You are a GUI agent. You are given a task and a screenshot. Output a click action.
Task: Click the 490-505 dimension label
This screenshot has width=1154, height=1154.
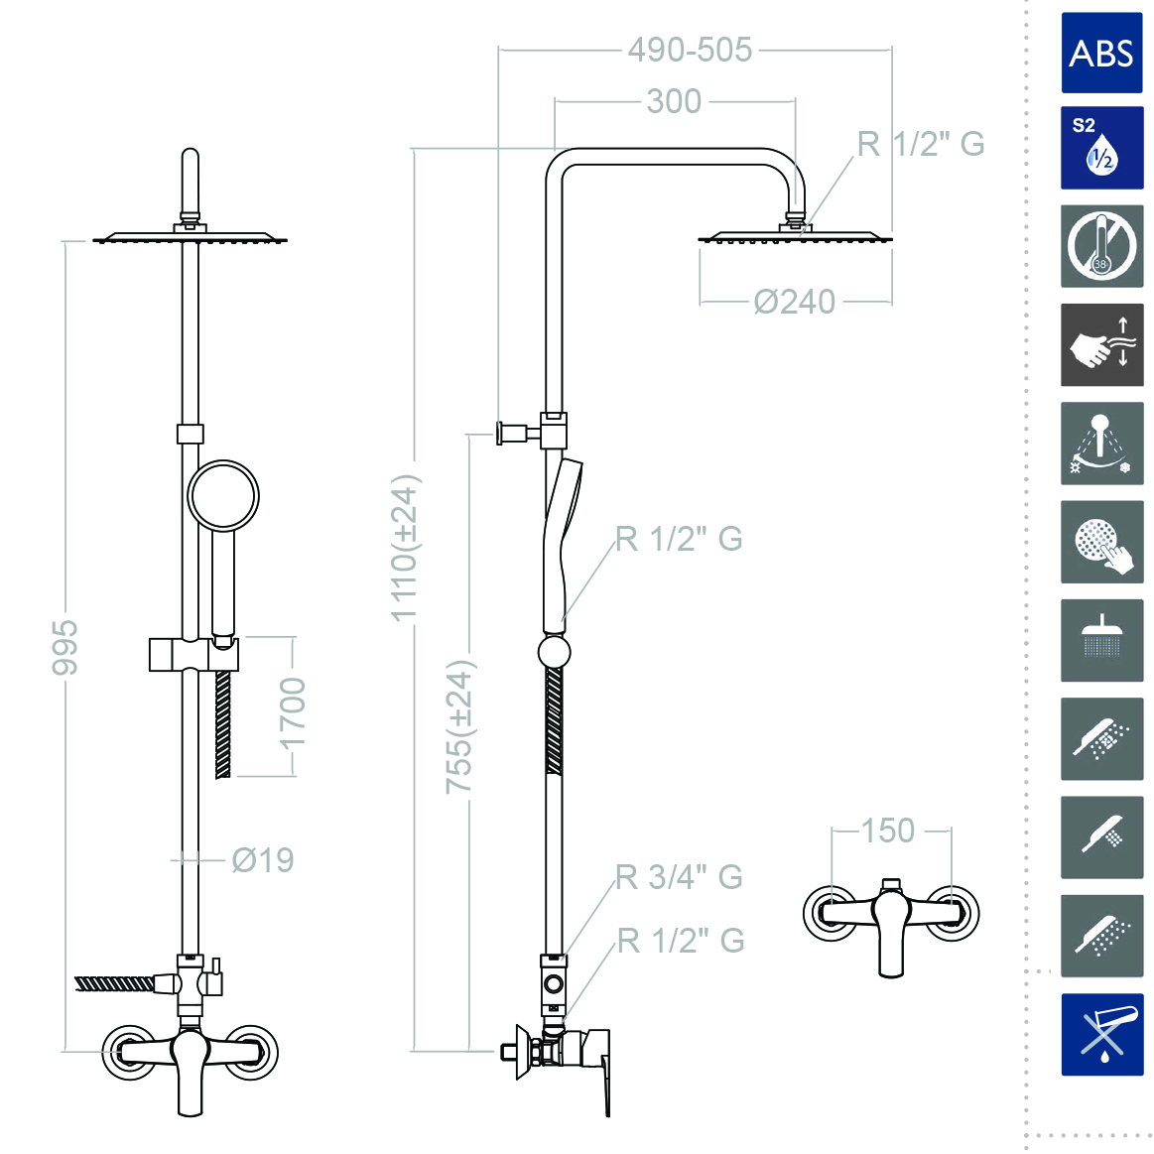click(x=690, y=50)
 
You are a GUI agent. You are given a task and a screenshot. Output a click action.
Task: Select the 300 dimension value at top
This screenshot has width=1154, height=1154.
click(x=674, y=101)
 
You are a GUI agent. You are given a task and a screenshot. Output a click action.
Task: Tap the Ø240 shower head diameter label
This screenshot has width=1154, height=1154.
click(x=794, y=302)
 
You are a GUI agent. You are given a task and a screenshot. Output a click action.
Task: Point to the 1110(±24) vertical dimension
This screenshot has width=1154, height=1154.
click(x=405, y=549)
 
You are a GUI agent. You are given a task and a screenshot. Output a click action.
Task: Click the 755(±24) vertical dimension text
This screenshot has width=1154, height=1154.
click(x=459, y=727)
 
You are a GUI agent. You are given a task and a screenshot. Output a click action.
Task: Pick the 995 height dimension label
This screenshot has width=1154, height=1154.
click(x=64, y=647)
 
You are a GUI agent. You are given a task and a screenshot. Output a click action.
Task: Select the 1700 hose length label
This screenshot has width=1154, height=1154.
click(x=293, y=715)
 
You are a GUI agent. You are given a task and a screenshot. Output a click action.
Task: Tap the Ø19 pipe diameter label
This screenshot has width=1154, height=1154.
click(x=262, y=860)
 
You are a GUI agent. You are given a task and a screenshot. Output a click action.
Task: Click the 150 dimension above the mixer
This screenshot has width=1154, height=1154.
click(x=887, y=831)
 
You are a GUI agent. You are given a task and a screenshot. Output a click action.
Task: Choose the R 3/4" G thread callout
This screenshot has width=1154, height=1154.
click(x=679, y=877)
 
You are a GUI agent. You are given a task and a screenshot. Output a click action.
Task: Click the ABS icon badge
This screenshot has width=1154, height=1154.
click(x=1101, y=53)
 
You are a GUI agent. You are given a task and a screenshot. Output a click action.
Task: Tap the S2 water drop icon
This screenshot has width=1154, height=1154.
click(x=1101, y=148)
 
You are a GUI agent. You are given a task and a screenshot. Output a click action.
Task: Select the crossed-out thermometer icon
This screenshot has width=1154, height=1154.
click(x=1101, y=246)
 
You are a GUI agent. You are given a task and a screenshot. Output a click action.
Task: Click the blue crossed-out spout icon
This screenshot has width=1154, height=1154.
click(x=1101, y=1034)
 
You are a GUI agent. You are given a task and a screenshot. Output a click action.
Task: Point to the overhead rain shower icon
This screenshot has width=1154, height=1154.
click(x=1101, y=640)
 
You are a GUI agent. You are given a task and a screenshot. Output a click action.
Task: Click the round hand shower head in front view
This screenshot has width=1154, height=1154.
click(x=223, y=495)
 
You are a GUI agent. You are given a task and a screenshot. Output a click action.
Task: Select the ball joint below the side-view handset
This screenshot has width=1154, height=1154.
click(x=554, y=652)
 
